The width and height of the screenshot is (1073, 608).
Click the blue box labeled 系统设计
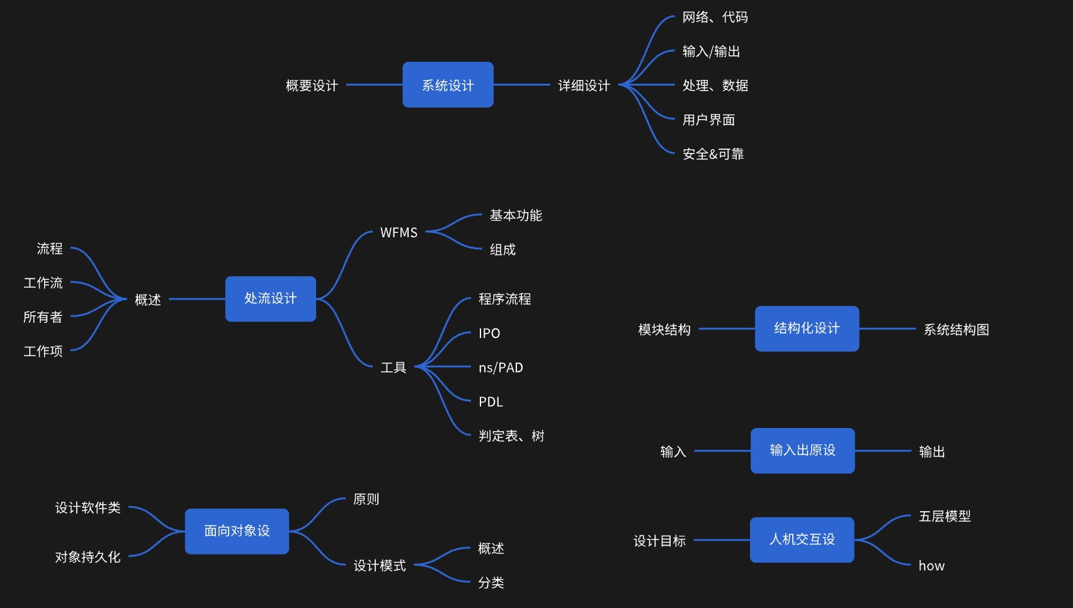448,85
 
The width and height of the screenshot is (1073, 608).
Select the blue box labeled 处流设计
271,299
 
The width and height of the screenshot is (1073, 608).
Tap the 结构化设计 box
807,329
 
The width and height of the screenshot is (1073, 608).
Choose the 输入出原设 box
802,451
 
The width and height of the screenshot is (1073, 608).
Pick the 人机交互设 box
802,540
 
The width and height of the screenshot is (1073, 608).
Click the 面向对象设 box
237,531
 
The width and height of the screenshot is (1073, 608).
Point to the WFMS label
399,233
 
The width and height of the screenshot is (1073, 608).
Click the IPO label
489,333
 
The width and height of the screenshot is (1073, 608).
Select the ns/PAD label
501,368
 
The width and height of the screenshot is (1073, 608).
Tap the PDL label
491,402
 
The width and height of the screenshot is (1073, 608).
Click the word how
931,566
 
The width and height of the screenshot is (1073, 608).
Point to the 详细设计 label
584,86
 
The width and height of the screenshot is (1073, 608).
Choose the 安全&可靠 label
713,154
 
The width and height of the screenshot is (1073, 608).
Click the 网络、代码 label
715,18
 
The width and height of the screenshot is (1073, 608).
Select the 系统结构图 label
956,330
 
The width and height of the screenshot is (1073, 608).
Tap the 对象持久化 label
88,557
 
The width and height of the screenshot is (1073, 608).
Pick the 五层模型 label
945,517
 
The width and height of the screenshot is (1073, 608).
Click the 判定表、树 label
511,436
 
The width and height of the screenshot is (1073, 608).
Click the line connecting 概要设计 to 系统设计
374,84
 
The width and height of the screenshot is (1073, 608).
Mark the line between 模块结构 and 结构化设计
727,329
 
